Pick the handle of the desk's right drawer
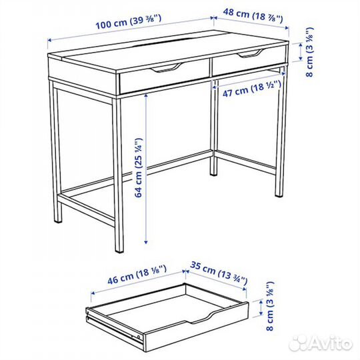251,54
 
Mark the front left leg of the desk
119,173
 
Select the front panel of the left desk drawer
164,79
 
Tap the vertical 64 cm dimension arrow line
146,167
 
